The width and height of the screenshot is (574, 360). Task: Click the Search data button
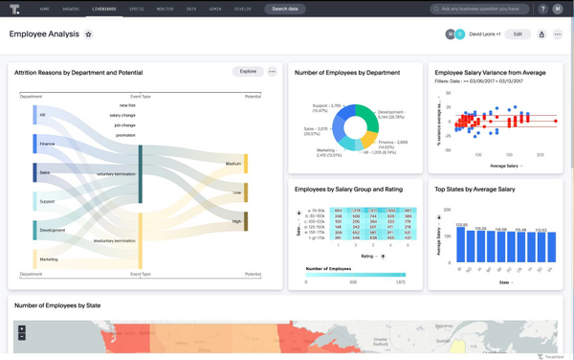(285, 9)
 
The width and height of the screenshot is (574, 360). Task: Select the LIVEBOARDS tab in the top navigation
(104, 9)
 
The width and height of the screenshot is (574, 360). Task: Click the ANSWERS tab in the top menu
(71, 9)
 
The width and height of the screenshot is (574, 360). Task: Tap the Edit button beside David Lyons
(518, 34)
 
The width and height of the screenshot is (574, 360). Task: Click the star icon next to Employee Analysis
(89, 34)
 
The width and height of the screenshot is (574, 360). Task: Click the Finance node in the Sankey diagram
(35, 144)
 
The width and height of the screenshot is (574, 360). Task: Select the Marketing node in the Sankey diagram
(35, 259)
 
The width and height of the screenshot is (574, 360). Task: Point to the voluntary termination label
(116, 174)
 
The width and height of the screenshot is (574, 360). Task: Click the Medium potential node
(246, 164)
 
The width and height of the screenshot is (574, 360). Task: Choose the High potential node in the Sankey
(246, 221)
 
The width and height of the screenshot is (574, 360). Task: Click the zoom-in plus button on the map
(22, 329)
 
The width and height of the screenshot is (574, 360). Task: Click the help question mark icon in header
(542, 9)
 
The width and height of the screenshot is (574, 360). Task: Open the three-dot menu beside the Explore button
(273, 72)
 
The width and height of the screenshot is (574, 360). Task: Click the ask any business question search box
(479, 9)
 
